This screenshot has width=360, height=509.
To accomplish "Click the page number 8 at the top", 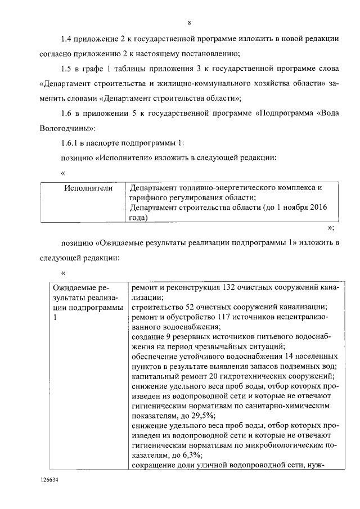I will (x=190, y=23).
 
